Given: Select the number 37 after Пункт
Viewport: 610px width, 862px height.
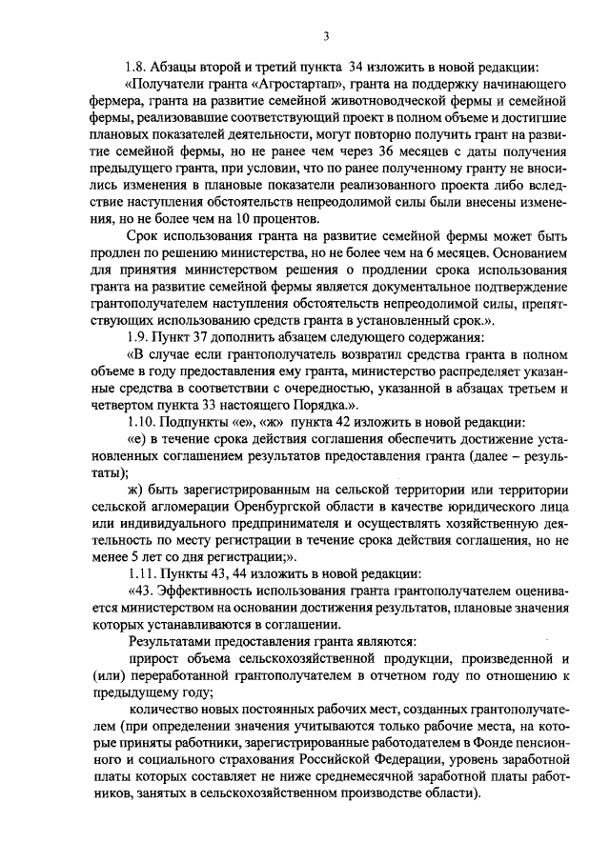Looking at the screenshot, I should (208, 338).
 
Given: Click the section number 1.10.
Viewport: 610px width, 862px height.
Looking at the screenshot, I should (142, 423).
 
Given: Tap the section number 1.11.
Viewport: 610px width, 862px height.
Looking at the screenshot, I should (142, 575).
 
